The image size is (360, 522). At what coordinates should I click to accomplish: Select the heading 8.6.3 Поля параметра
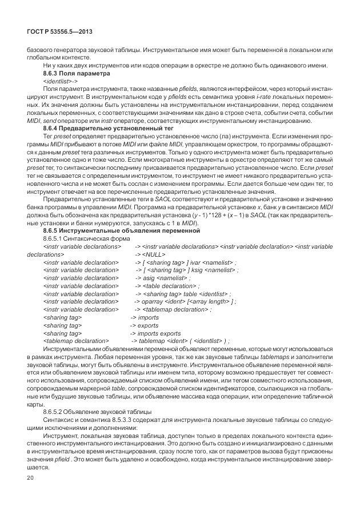pos(76,74)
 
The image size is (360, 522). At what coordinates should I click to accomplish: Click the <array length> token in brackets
pos(208,301)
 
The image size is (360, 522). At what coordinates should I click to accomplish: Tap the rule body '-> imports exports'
pos(155,333)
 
